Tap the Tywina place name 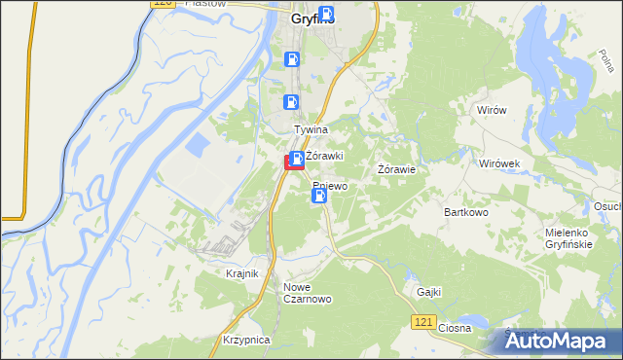(311, 129)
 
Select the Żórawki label (323, 156)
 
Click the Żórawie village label (397, 169)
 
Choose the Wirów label (492, 110)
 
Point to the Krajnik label (241, 274)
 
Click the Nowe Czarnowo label (308, 293)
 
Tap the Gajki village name (428, 291)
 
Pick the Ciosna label (454, 328)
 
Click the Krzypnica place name (243, 340)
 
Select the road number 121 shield (421, 320)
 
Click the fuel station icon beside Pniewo (318, 196)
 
